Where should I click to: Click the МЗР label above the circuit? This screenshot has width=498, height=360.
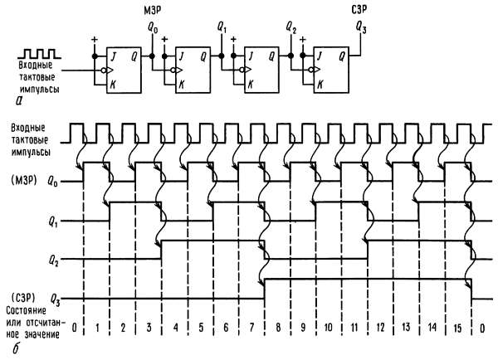[x=153, y=11]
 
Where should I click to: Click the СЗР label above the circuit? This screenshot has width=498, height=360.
[x=359, y=10]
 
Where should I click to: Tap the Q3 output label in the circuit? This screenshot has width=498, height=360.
[x=361, y=27]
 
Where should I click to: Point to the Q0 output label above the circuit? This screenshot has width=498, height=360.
[x=153, y=27]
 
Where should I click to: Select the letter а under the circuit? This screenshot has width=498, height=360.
[x=20, y=100]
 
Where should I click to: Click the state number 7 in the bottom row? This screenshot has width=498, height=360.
[x=251, y=327]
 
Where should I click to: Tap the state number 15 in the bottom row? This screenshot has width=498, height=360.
[x=457, y=328]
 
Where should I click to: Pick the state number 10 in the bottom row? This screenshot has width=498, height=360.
[x=329, y=327]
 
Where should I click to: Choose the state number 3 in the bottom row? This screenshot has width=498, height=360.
[x=149, y=327]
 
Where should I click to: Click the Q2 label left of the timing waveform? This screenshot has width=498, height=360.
[x=53, y=261]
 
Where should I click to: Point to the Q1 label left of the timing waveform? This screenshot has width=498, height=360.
[x=53, y=222]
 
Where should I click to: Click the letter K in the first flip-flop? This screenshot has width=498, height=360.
[x=112, y=85]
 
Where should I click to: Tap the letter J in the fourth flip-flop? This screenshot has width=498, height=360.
[x=320, y=56]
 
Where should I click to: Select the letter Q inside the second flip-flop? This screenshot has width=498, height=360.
[x=203, y=57]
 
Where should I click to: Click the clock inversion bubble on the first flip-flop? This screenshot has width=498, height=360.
[x=104, y=71]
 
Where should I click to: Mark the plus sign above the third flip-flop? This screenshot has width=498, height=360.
[x=233, y=39]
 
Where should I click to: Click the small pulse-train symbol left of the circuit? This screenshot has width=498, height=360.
[x=40, y=54]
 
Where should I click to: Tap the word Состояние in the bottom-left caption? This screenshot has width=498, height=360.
[x=26, y=310]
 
